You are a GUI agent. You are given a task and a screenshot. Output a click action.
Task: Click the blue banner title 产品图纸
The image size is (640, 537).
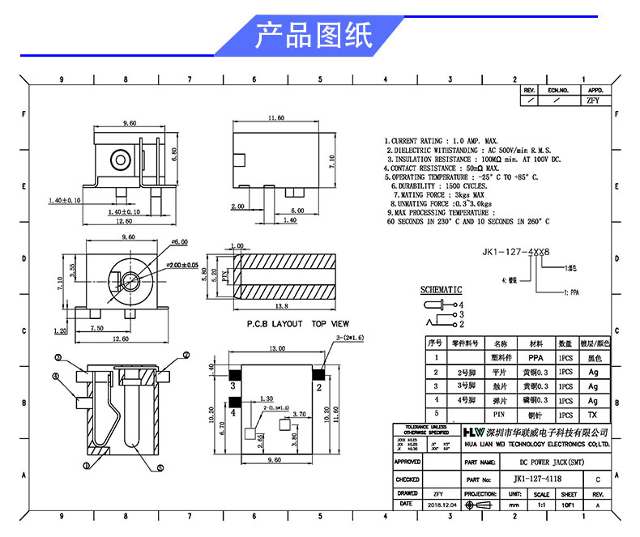314,36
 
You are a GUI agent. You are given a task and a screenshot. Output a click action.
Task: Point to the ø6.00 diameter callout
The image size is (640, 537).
179,241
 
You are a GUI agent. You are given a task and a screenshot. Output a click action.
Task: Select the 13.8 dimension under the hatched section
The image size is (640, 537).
283,307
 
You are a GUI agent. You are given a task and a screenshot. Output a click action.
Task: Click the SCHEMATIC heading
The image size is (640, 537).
441,289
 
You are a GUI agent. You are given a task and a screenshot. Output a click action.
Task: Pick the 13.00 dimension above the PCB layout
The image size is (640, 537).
277,348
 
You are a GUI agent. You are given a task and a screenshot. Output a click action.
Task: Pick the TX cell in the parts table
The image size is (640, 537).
593,414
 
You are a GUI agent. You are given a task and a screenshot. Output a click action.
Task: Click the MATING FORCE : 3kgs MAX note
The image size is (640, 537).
438,195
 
